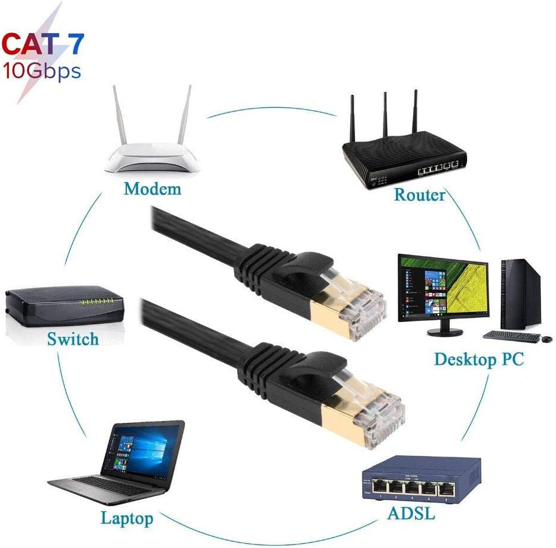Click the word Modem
[x=152, y=189]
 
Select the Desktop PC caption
[x=479, y=359]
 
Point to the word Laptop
[x=127, y=518]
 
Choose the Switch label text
[x=72, y=339]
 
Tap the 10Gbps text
[x=41, y=72]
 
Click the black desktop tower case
[x=521, y=294]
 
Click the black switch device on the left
[x=64, y=305]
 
